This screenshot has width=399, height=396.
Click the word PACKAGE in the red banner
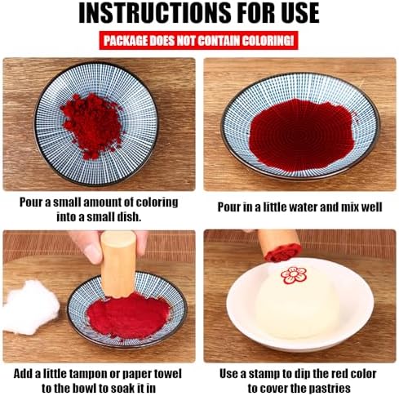(126, 41)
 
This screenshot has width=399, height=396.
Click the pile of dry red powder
(92, 125)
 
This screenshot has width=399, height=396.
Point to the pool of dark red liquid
(301, 134)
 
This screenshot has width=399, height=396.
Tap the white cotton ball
(30, 307)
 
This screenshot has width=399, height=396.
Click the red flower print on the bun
(294, 275)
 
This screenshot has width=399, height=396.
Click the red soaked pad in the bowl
(128, 315)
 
